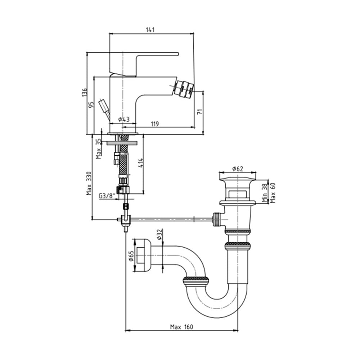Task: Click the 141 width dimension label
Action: click(150, 30)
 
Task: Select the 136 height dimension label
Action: click(85, 92)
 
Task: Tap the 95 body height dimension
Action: click(91, 105)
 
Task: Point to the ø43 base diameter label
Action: click(124, 120)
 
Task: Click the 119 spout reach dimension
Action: click(155, 124)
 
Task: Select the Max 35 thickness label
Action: click(99, 149)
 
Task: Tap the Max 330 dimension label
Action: click(89, 183)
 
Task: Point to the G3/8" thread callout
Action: click(107, 196)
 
